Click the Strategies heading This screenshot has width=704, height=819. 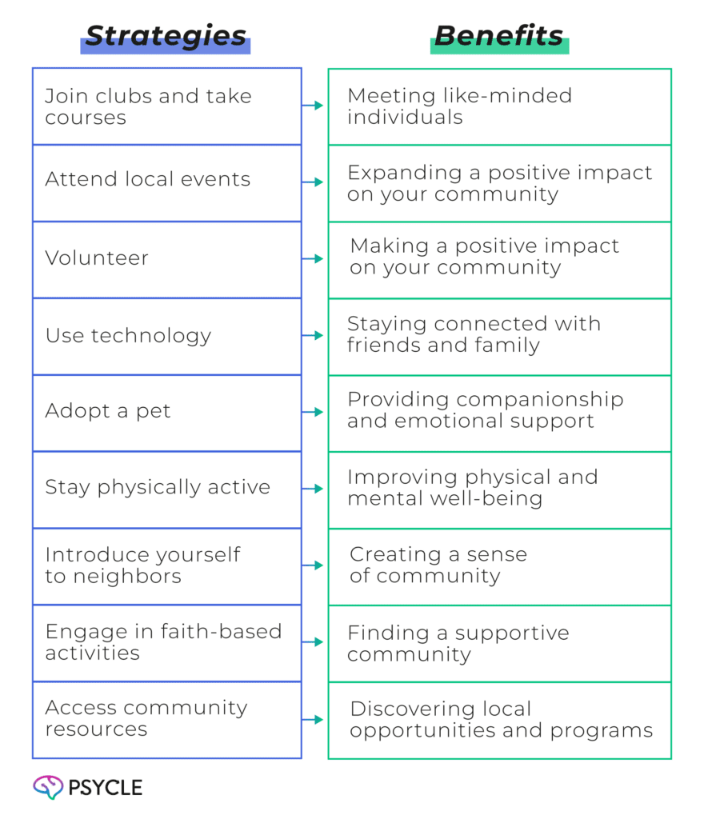(x=166, y=36)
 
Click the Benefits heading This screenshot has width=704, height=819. (x=498, y=36)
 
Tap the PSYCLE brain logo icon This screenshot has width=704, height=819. (x=48, y=787)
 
